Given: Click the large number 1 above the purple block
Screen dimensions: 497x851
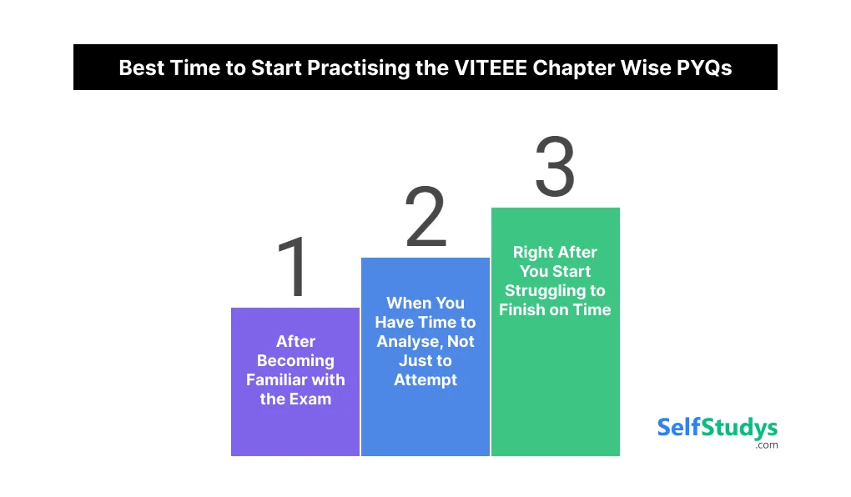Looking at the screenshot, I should tap(293, 268).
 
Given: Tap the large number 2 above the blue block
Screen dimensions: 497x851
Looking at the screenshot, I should tap(425, 218).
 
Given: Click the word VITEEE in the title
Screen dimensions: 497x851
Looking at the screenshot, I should tap(479, 68).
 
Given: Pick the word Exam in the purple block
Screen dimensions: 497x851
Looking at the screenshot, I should tap(312, 399).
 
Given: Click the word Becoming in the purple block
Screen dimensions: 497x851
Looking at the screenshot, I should tap(295, 360).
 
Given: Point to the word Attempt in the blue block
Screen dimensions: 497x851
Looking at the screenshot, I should tap(425, 379).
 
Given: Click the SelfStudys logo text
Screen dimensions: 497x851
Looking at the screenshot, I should tap(717, 428).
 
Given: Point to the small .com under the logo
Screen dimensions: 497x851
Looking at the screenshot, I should tap(767, 445).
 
